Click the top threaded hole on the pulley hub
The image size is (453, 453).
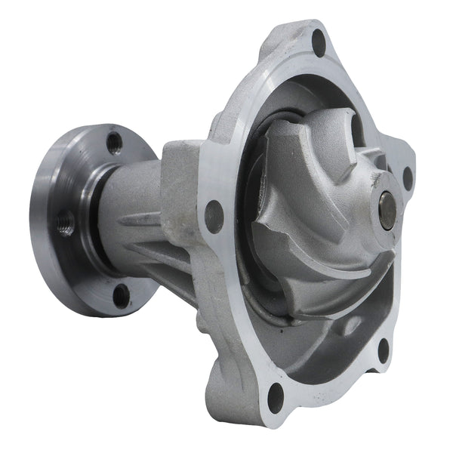pyautogui.click(x=114, y=143)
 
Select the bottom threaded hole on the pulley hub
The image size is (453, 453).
pyautogui.click(x=120, y=294)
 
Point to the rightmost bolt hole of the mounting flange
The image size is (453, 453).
pyautogui.click(x=408, y=177)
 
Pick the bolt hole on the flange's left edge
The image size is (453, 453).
pyautogui.click(x=214, y=217)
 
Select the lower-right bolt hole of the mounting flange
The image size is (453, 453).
pyautogui.click(x=383, y=348)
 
